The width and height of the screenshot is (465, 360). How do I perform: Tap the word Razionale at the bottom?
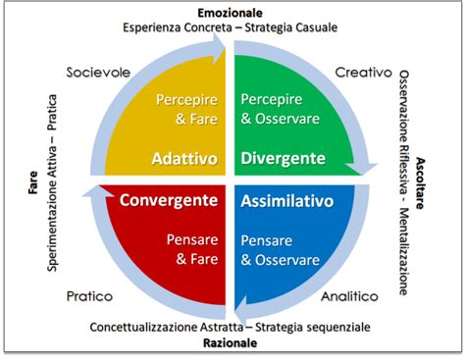coord(231,344)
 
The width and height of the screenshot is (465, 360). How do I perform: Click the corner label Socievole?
coord(98,73)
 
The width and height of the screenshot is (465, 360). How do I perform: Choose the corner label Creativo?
coord(363,73)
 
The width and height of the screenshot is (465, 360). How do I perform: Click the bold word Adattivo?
coord(183,159)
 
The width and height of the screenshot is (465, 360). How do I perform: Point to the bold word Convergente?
coord(168,200)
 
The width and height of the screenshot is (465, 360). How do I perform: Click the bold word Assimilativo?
coord(286,200)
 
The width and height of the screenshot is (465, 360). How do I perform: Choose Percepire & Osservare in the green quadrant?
coord(279,109)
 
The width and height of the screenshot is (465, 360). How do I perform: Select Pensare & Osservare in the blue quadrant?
coord(280,248)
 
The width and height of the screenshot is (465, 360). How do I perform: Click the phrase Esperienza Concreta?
coord(176,27)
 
